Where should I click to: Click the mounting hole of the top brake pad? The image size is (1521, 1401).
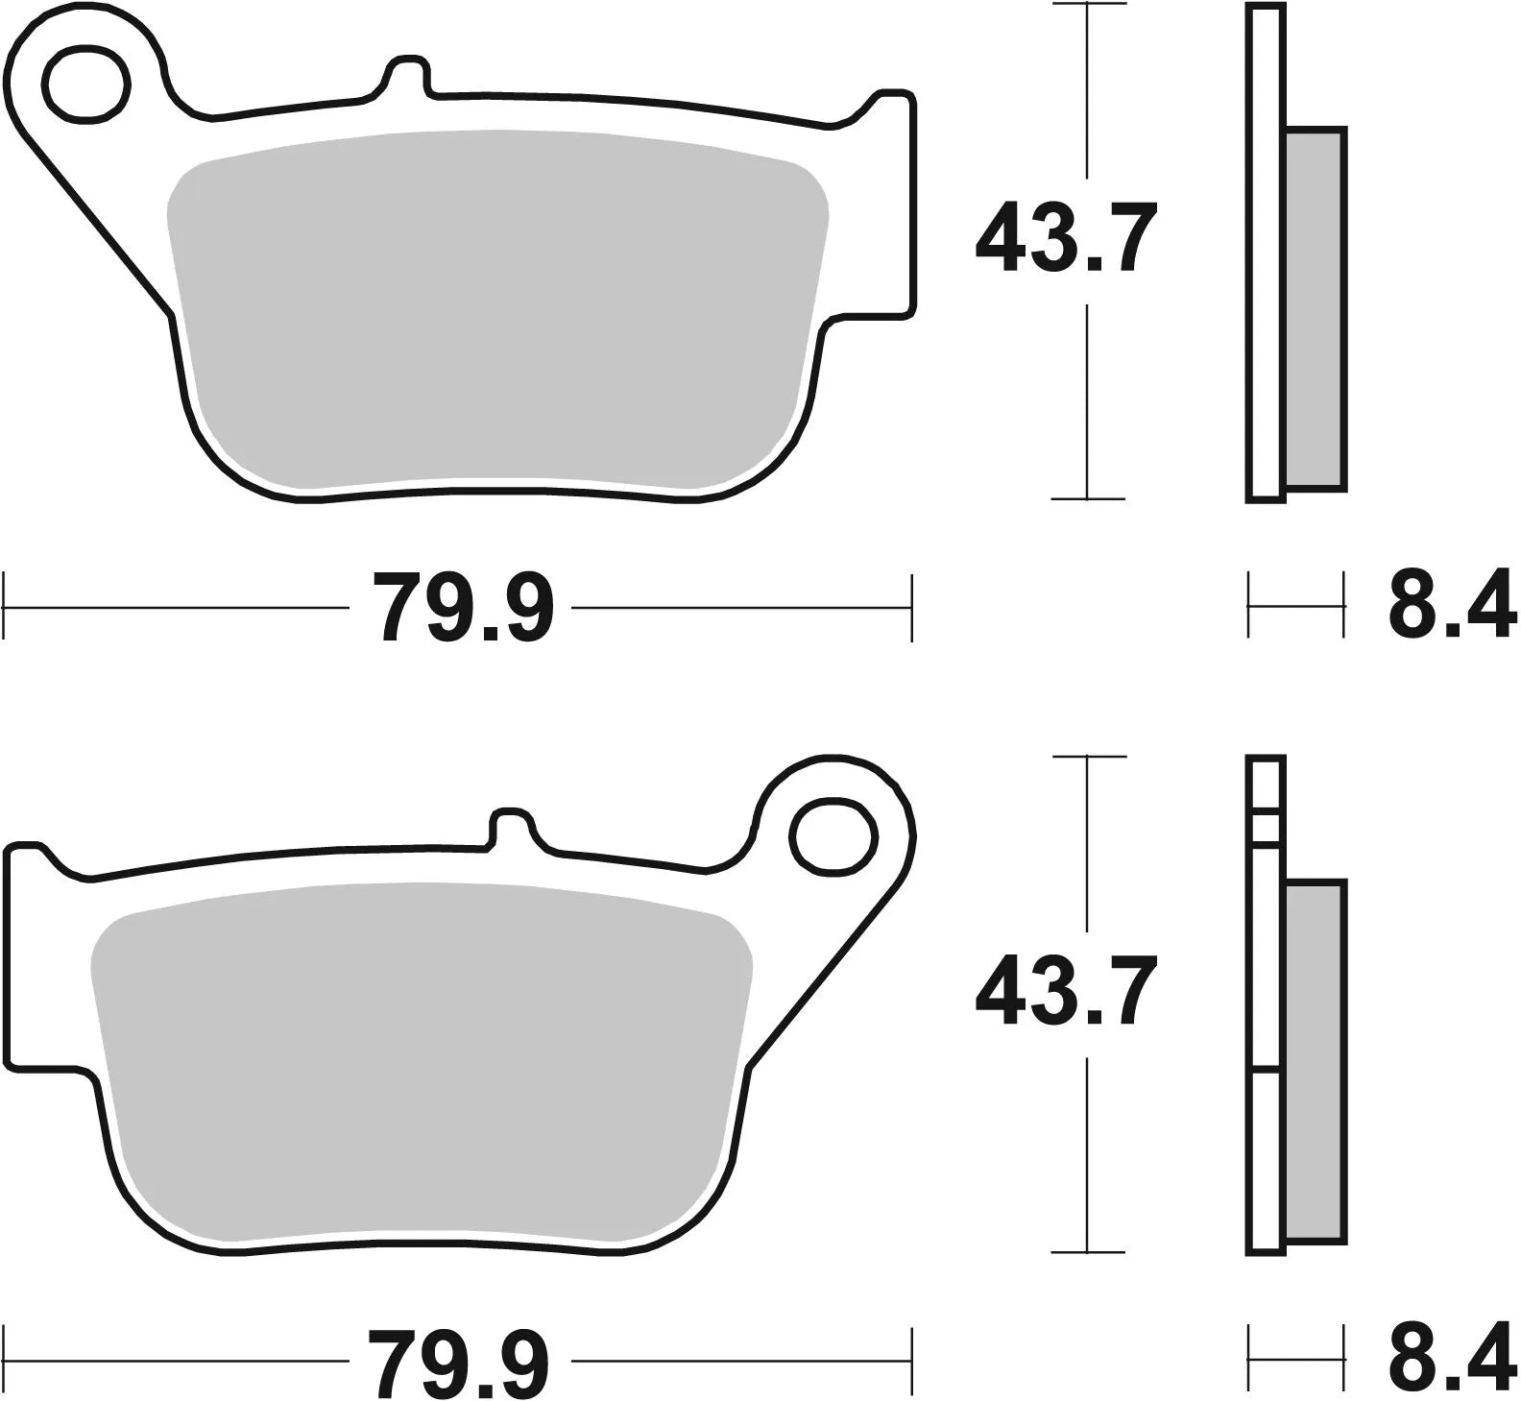click(x=85, y=85)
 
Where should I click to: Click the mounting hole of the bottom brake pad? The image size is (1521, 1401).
click(x=835, y=836)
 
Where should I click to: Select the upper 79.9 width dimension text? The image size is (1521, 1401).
click(x=463, y=608)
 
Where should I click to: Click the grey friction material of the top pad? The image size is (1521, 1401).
click(x=495, y=307)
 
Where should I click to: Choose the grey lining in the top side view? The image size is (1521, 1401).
click(x=1315, y=307)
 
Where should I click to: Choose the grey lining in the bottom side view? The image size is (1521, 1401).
click(x=1315, y=1061)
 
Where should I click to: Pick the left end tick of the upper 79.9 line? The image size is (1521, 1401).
click(x=7, y=608)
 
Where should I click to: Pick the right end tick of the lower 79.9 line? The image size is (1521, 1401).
click(x=910, y=1362)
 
